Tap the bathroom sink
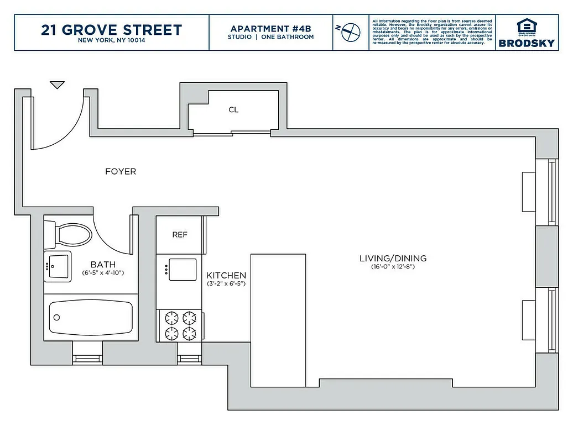tap(58, 266)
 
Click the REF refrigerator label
tap(180, 235)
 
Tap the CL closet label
tap(233, 110)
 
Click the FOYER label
tap(121, 172)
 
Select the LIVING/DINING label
tap(393, 259)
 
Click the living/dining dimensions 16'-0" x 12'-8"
tap(393, 267)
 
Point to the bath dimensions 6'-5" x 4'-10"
tap(103, 273)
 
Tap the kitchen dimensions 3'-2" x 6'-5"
tap(226, 284)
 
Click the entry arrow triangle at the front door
tap(57, 85)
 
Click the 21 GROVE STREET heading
tap(111, 30)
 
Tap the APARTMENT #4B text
tap(270, 29)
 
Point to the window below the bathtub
tap(87, 359)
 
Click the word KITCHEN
tap(226, 275)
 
